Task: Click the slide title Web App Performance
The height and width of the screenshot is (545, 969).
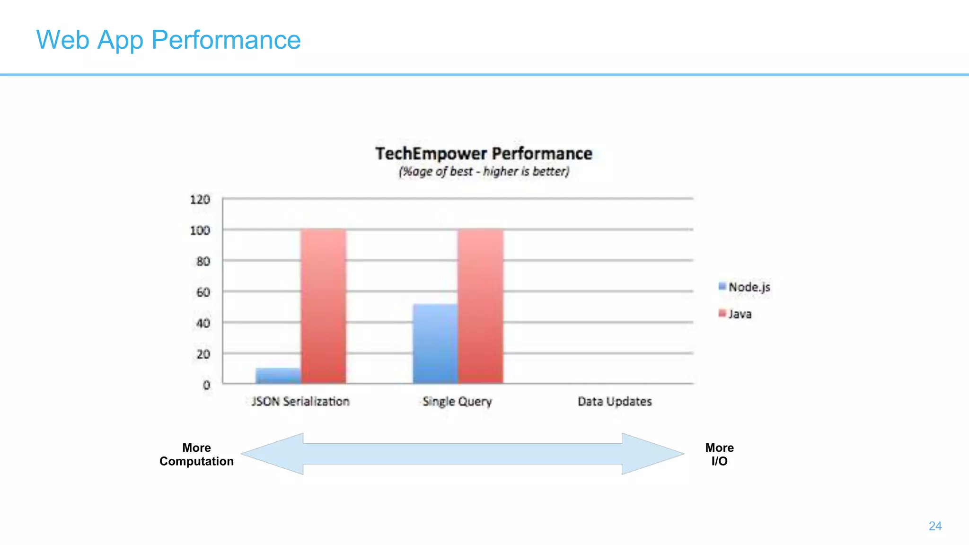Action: (168, 40)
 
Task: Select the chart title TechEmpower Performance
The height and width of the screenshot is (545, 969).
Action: (484, 154)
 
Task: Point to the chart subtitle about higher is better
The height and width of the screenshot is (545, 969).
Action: (484, 171)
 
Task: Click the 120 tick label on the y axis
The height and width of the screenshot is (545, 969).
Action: (200, 200)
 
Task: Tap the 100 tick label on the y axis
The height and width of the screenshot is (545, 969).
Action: (200, 230)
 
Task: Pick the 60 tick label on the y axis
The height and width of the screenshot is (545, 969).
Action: (203, 292)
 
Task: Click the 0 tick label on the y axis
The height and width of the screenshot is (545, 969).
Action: (206, 385)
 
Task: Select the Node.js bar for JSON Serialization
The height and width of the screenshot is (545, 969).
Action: (278, 376)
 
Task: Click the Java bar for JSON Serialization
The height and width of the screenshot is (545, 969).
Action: (323, 306)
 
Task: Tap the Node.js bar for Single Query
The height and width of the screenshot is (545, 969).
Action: (435, 343)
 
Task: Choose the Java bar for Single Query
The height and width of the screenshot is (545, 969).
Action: (480, 306)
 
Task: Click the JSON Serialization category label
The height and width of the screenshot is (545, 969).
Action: (300, 402)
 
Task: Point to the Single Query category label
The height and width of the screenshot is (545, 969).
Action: (457, 402)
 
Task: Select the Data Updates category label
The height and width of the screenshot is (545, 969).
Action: (615, 402)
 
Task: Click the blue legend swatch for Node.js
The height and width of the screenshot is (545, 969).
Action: (722, 286)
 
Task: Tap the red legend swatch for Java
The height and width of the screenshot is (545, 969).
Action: (722, 313)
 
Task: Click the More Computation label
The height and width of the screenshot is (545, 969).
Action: (196, 454)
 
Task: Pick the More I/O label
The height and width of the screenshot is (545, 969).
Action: (719, 454)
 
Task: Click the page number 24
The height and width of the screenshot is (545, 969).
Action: (935, 526)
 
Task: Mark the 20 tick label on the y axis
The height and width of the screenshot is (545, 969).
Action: (203, 354)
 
